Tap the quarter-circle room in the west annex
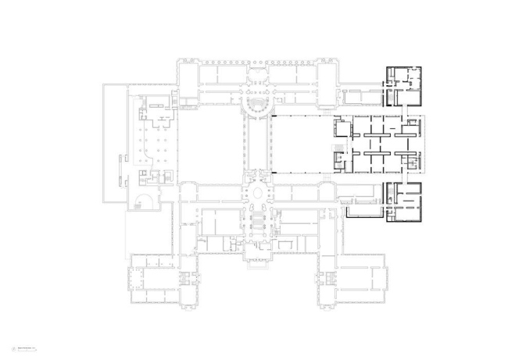143,201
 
